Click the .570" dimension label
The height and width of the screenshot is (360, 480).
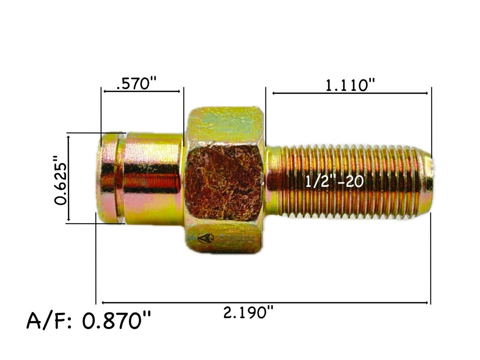coord(136,84)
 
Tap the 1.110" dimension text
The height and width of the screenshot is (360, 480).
coord(350,85)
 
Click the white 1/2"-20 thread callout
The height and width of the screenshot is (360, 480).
coord(334,181)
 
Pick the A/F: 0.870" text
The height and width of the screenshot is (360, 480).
coord(89,321)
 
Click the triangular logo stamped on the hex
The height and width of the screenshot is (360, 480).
coord(206,239)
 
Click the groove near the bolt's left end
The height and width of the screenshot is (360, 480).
coord(120,178)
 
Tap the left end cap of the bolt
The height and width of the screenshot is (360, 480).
coord(107,178)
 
